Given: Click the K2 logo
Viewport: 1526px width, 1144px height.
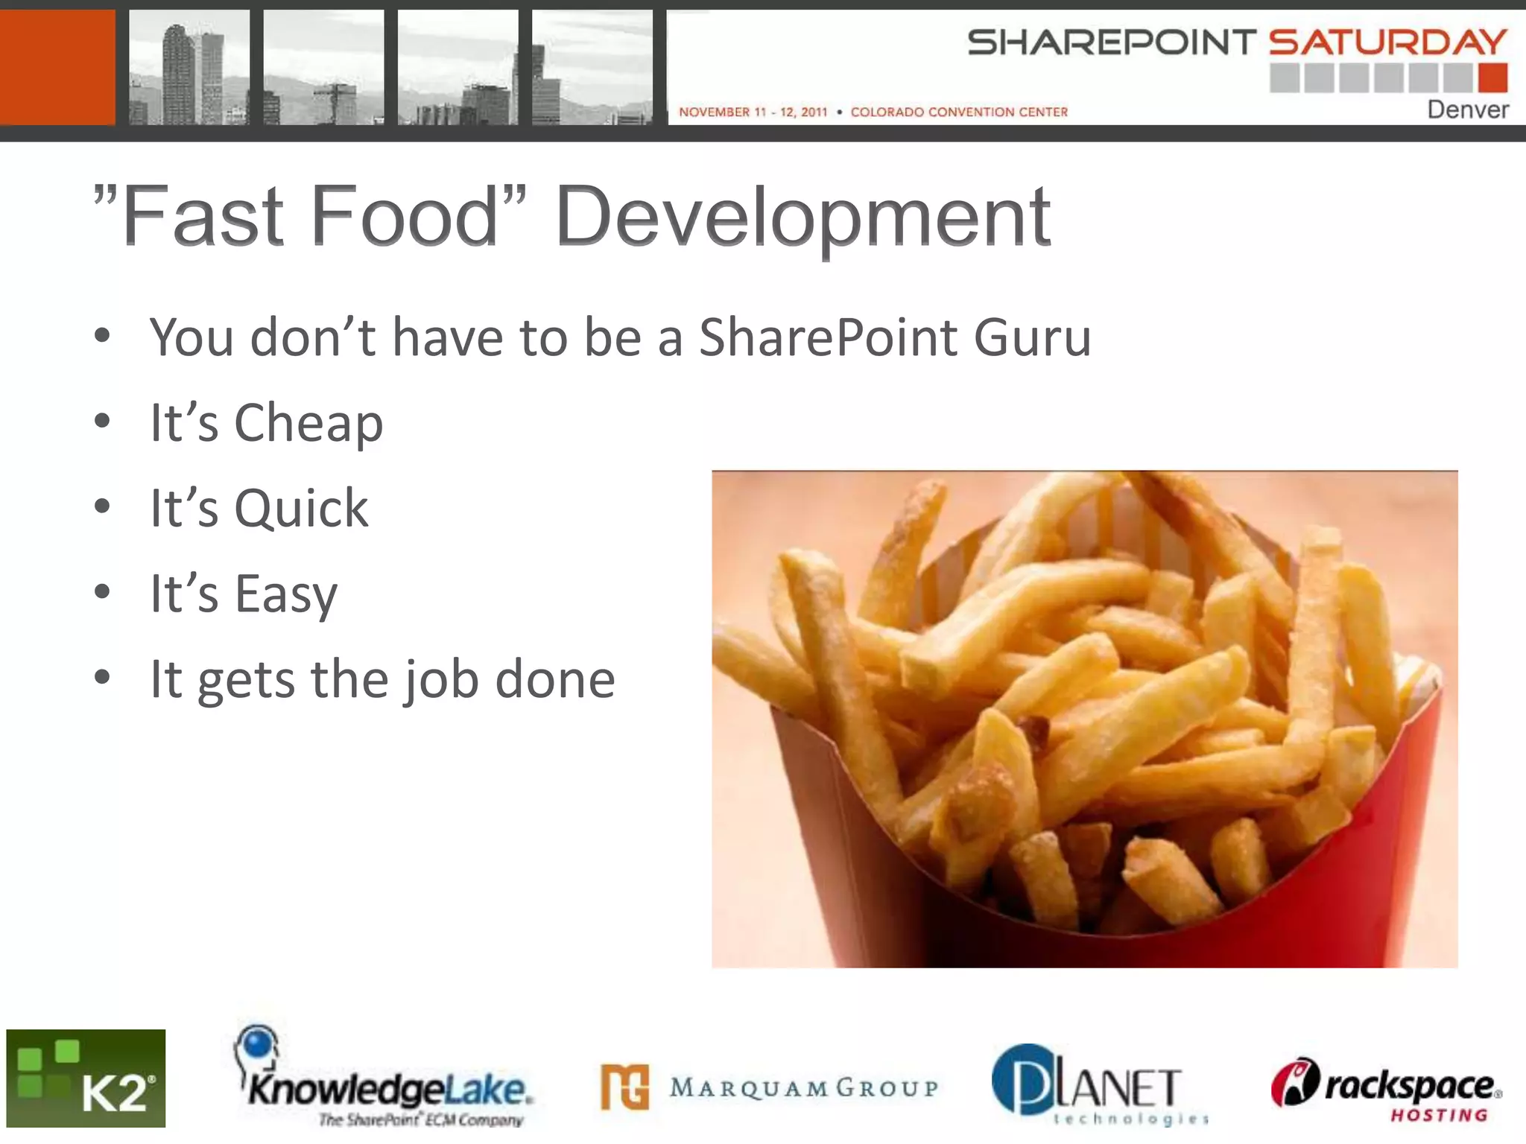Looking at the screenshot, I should [86, 1078].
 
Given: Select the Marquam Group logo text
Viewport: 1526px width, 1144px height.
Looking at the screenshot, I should [803, 1087].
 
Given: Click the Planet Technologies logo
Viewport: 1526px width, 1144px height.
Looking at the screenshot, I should [1099, 1085].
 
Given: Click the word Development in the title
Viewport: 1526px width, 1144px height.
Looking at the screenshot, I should [803, 217].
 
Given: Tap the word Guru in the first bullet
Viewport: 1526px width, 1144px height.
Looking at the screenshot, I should [1032, 337].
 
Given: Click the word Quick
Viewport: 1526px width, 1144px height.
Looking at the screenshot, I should [301, 509].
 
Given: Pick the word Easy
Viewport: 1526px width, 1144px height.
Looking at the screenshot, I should [286, 594].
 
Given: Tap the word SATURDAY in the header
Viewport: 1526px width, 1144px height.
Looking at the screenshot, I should [1388, 42].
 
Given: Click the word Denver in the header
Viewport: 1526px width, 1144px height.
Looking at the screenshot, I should [1467, 109].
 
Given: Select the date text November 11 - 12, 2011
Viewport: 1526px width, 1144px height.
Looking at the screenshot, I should [753, 112].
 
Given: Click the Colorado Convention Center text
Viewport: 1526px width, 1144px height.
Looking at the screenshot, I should [959, 112].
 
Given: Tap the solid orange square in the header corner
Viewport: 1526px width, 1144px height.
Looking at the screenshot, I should [57, 67].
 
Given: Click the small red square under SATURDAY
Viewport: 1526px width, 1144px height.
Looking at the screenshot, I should [1492, 77].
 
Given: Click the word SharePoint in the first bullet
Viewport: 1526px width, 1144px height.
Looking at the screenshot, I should [828, 337].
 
